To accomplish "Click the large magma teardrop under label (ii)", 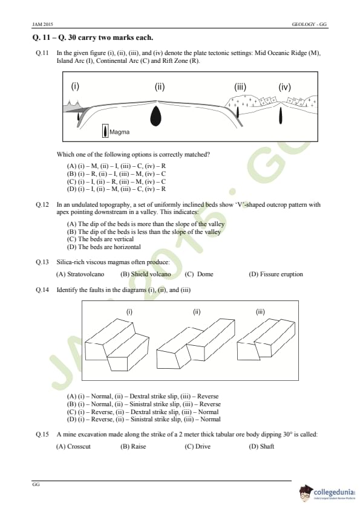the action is coord(156,116).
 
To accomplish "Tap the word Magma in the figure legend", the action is coord(120,132).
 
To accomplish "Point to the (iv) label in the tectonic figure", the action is coord(284,87).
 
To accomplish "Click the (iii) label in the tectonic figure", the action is coord(240,87).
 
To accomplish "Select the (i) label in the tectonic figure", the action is coord(75,86).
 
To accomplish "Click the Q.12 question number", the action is coord(42,204).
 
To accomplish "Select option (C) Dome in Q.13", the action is coord(199,274).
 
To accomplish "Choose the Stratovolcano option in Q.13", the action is coord(80,274).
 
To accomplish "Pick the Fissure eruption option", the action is coord(276,274).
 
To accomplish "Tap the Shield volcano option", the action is coord(146,274).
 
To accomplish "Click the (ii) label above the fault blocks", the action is coord(197,312).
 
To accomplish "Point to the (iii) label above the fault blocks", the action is coord(260,312).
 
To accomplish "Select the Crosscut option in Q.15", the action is coord(73,446).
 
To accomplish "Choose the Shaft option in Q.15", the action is coord(261,446).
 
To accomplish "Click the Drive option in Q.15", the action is coord(197,446).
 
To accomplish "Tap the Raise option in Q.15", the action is coord(133,446).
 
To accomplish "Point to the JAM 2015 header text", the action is coord(42,24).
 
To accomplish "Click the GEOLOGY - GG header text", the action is coord(309,24).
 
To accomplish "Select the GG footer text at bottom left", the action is coord(36,484).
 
